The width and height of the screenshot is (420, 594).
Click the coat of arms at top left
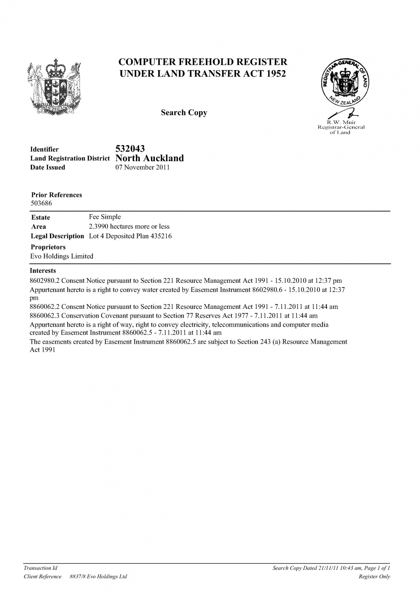[55, 86]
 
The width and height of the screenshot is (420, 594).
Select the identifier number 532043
[130, 148]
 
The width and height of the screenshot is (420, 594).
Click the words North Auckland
[149, 158]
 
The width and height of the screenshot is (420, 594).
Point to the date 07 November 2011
[142, 168]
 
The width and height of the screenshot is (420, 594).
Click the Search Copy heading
[184, 113]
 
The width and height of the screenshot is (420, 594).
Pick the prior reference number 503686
[42, 204]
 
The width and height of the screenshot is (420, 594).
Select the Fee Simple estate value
[105, 217]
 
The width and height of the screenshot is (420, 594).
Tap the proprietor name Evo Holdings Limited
[62, 256]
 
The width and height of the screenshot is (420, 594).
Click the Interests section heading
[43, 271]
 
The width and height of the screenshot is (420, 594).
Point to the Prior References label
[57, 195]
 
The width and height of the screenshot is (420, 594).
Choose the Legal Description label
[57, 236]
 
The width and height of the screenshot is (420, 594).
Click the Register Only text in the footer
[374, 577]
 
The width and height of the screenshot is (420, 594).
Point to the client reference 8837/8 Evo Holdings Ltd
[98, 577]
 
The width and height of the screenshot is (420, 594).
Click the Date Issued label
[48, 168]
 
